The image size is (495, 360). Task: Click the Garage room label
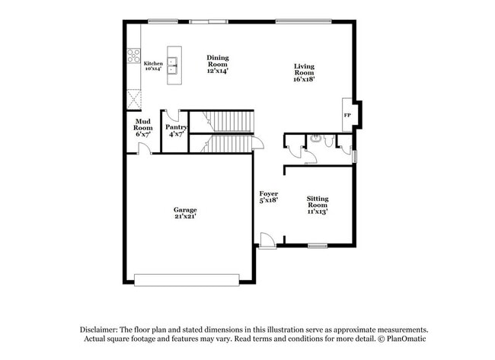point(185,213)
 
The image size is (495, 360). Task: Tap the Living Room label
point(304,72)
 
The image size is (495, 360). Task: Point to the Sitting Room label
point(318,204)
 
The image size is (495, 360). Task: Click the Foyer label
point(268,196)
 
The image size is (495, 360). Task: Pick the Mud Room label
point(143,128)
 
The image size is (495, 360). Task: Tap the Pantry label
point(177,130)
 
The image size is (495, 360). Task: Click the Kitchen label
point(153,66)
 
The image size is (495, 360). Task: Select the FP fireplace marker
point(347,115)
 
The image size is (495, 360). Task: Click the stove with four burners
point(134,56)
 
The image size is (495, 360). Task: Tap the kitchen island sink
point(174,67)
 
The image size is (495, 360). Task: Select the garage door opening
point(187,279)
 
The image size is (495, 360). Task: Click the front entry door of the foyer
point(267,241)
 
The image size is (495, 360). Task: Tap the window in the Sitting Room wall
point(317,245)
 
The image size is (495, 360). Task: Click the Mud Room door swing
point(145,148)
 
